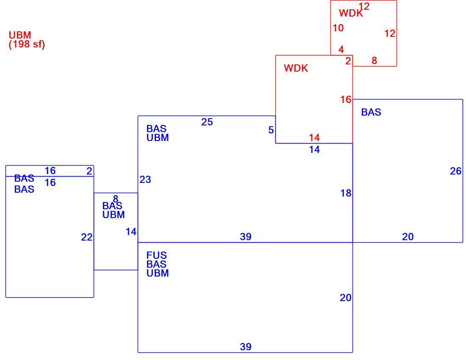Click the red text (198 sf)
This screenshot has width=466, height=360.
(27, 44)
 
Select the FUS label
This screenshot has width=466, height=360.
(157, 255)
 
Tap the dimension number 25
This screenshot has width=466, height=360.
(207, 122)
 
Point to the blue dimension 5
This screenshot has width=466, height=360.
(271, 130)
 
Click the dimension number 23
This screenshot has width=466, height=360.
(145, 180)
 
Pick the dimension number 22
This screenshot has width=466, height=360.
(87, 237)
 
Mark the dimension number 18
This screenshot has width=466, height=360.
(346, 194)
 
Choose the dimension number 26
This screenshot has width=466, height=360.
(455, 171)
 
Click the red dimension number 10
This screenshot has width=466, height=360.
(338, 28)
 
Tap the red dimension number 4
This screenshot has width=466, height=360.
(341, 49)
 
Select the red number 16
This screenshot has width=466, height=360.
(346, 100)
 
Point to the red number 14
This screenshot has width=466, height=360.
(314, 138)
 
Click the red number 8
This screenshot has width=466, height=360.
(374, 61)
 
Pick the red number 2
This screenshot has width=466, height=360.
(348, 61)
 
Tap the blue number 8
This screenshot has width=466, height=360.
(116, 199)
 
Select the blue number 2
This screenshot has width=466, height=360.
(89, 171)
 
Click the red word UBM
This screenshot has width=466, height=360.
(20, 35)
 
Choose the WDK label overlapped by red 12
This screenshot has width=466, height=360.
(351, 13)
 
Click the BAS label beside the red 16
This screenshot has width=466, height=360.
(371, 112)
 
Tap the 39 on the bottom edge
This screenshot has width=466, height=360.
(246, 346)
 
